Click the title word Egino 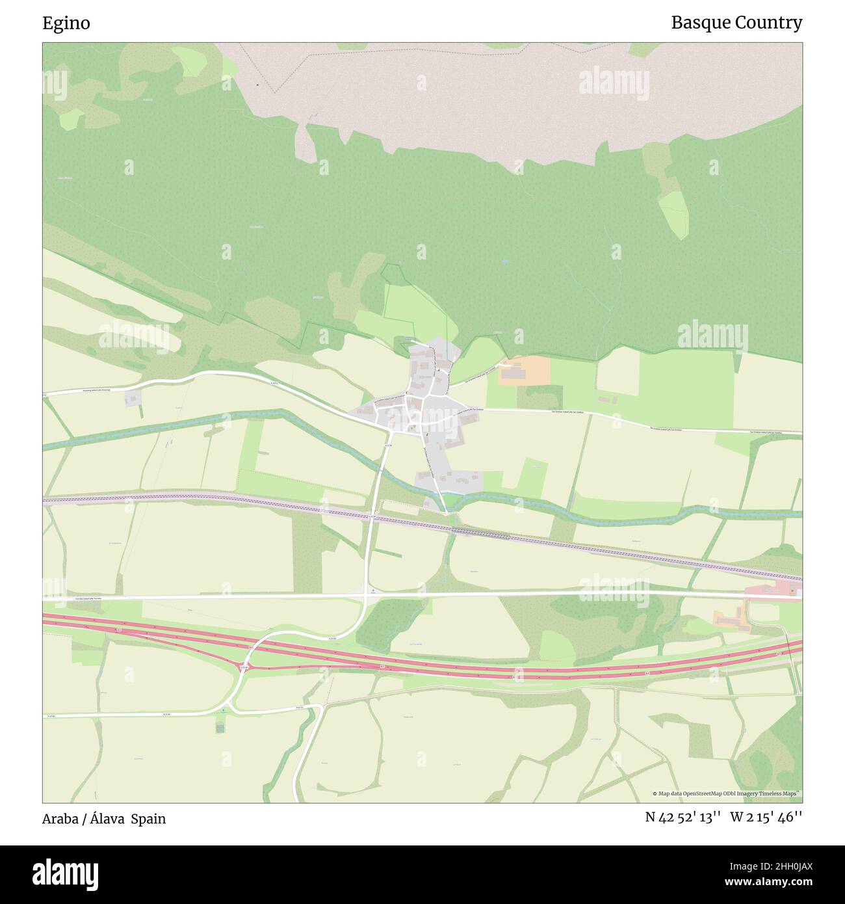[66, 23]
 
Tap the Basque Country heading [736, 23]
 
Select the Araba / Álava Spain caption [104, 819]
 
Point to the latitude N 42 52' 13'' [682, 818]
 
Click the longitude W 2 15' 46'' [766, 818]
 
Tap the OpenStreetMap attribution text [726, 793]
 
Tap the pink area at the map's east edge [773, 591]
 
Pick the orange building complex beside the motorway [731, 619]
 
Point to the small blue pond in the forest [505, 262]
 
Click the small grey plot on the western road [133, 398]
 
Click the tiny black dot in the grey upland [258, 85]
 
